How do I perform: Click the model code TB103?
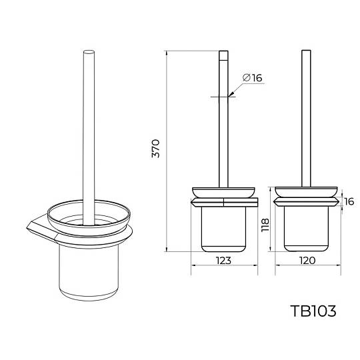point(313,311)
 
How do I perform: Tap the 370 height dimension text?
point(155,148)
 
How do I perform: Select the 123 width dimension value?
point(223,261)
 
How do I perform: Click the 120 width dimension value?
point(307,261)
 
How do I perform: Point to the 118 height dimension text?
point(265,225)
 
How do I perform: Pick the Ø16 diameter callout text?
point(252,78)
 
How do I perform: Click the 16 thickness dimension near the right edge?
point(349,201)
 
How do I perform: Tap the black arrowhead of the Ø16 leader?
point(231,94)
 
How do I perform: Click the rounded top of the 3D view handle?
point(89,53)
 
